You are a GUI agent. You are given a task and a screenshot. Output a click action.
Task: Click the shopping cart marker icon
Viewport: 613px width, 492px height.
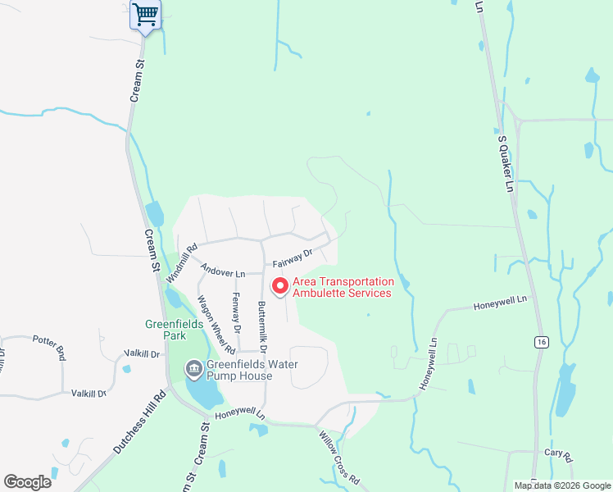pos(145,14)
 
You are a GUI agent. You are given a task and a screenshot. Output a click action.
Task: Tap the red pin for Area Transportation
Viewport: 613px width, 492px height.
pos(279,286)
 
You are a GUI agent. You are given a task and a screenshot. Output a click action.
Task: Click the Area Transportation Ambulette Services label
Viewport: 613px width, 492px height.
pos(343,287)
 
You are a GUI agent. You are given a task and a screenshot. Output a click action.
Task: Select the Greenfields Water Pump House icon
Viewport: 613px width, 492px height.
pos(194,369)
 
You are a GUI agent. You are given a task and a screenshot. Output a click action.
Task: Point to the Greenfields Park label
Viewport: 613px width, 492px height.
pos(164,329)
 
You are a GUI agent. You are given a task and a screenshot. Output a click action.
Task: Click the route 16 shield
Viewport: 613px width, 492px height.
pos(541,341)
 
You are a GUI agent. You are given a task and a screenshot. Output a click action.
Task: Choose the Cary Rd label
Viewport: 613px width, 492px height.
pos(557,453)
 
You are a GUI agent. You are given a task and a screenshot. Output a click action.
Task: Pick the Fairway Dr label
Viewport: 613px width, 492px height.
pos(293,259)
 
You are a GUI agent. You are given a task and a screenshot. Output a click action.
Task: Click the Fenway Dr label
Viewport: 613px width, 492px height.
pos(237,312)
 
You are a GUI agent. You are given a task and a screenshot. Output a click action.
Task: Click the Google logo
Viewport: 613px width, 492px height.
pos(27,482)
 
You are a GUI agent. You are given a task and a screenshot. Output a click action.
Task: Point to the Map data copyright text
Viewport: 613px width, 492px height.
pos(561,485)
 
